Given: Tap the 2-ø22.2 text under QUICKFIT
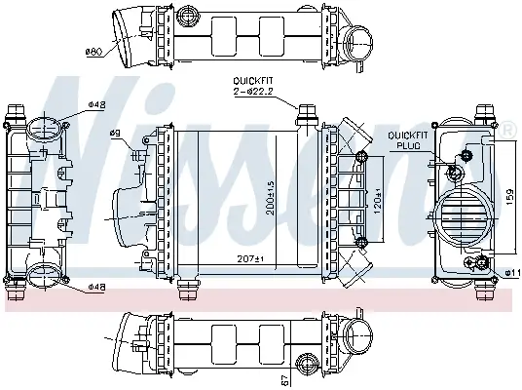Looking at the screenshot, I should click(251, 91).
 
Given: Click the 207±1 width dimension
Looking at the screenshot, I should click(252, 258).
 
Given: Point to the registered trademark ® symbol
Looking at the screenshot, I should click(507, 128).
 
